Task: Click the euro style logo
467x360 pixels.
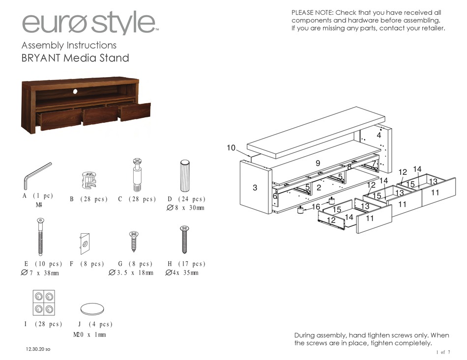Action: point(88,24)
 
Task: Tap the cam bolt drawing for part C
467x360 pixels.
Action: point(137,175)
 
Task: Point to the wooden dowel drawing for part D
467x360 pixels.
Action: point(185,176)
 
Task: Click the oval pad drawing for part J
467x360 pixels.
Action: point(93,308)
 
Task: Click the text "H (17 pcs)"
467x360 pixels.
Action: point(185,264)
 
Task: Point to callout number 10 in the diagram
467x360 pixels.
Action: point(232,148)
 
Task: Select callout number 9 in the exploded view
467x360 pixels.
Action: point(318,163)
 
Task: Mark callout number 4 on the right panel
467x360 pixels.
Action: point(379,135)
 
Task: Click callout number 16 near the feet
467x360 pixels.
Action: point(316,207)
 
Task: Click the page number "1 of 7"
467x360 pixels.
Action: point(442,352)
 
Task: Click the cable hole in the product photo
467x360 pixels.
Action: point(76,91)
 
